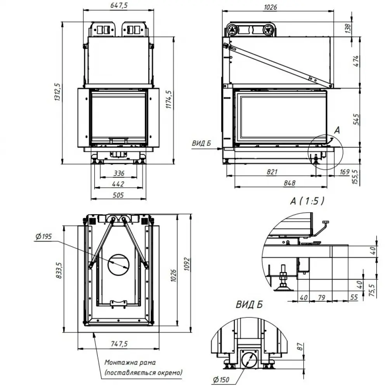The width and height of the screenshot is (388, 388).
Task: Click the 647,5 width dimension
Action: [x=119, y=5]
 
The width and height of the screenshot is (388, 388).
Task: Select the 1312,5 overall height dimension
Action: [x=57, y=92]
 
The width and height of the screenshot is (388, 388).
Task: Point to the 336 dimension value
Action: [x=119, y=173]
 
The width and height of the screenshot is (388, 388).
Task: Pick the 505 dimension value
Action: [x=118, y=195]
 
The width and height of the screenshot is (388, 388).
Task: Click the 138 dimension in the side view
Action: [x=348, y=28]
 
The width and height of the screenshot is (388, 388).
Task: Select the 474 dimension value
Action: [x=355, y=61]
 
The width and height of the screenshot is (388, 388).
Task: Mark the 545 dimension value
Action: [x=356, y=119]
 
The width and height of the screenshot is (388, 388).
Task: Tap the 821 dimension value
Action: [x=272, y=171]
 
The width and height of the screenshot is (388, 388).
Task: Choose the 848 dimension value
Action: [x=289, y=183]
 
